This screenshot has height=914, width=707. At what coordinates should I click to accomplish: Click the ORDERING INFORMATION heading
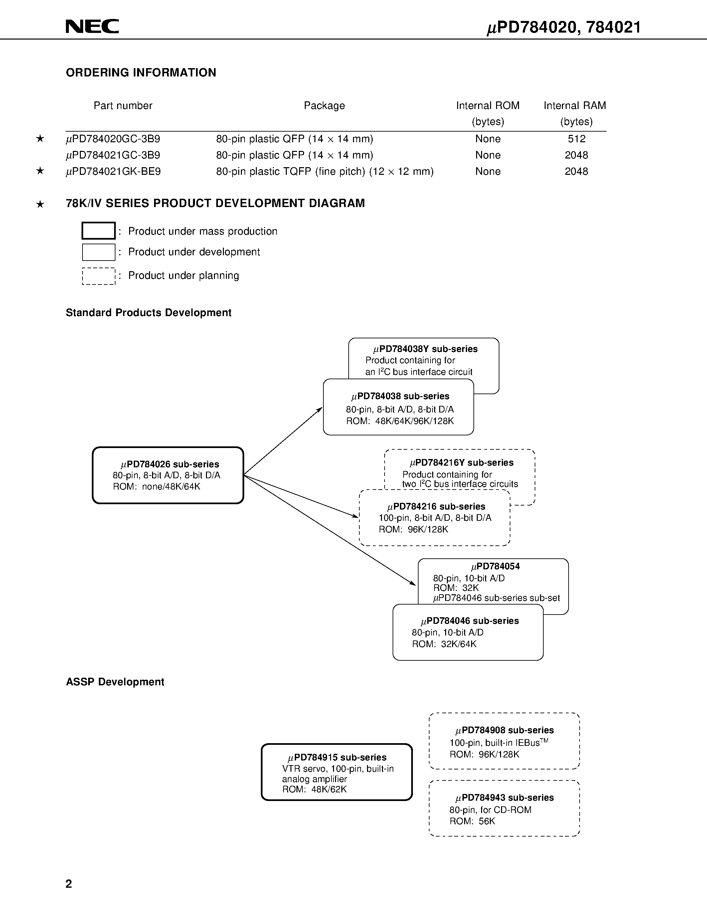[x=141, y=73]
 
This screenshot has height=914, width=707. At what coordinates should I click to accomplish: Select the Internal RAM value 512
[x=576, y=139]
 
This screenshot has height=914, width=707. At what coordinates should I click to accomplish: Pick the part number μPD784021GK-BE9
[x=113, y=171]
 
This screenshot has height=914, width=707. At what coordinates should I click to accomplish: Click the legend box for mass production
[x=98, y=231]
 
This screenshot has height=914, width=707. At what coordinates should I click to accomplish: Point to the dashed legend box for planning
[x=98, y=276]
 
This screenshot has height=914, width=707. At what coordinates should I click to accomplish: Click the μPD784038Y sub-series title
[x=425, y=349]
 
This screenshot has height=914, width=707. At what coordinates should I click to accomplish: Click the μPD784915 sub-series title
[x=337, y=757]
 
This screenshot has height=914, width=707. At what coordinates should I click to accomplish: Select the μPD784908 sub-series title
[x=504, y=730]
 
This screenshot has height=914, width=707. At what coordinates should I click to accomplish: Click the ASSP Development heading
[x=115, y=682]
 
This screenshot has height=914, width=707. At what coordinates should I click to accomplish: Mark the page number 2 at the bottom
[x=69, y=883]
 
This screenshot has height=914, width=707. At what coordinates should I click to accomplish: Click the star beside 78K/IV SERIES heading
[x=40, y=204]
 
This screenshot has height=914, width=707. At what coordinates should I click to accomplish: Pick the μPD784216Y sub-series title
[x=461, y=462]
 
